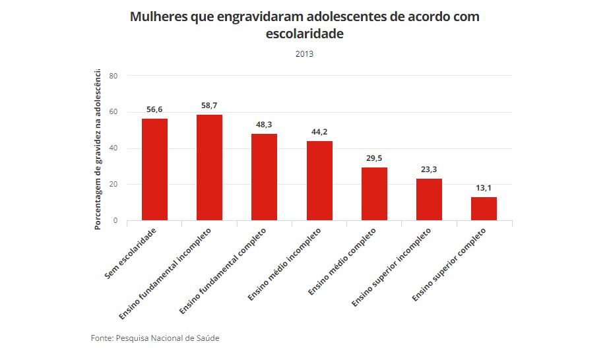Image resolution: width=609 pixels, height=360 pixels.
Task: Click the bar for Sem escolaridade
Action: tap(154, 169)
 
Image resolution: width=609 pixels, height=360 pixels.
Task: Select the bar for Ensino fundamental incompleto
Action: tap(209, 167)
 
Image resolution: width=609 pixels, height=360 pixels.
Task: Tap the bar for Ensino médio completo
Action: tap(374, 194)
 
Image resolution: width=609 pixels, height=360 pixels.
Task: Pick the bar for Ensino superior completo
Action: tap(484, 208)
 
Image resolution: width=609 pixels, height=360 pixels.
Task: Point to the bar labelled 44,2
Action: tap(319, 181)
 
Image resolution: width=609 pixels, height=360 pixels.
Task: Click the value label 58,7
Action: tap(209, 105)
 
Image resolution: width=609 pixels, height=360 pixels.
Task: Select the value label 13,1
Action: tap(484, 188)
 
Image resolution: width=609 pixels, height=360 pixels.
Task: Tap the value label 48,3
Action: tap(264, 125)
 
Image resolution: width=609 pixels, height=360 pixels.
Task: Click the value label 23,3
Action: tap(429, 169)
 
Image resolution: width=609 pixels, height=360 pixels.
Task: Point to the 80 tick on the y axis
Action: tap(113, 76)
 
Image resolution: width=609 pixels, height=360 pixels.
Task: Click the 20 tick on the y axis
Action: tap(113, 185)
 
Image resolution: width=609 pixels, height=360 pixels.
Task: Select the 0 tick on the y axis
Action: tap(115, 221)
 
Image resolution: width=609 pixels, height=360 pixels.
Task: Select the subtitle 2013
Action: tap(304, 54)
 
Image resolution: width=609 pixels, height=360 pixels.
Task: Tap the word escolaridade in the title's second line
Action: tap(304, 34)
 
